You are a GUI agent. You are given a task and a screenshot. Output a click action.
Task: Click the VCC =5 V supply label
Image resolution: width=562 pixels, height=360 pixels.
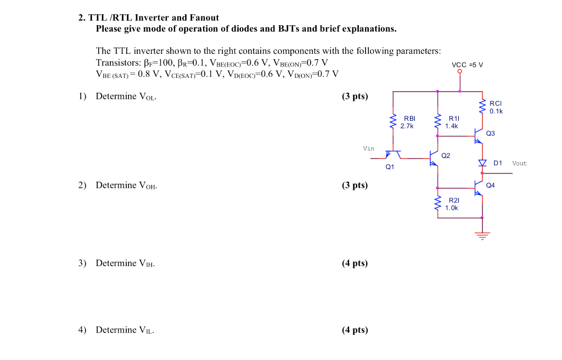pos(467,65)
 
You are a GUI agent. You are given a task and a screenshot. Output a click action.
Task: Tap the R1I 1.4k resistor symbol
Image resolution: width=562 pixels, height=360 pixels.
pos(437,121)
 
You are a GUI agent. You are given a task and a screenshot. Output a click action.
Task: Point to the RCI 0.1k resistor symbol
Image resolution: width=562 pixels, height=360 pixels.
pos(482,106)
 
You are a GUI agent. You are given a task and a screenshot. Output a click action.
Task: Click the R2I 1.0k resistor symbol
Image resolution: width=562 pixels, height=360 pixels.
pos(437,204)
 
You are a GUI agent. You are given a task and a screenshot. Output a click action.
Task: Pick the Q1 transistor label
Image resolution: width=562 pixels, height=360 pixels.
pos(390,166)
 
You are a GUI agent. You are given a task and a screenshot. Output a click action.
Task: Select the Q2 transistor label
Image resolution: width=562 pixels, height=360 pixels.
pos(446,156)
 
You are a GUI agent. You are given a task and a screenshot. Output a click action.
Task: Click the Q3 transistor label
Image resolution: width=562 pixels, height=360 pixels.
pos(490,133)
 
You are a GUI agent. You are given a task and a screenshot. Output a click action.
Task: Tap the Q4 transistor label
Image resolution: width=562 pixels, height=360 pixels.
pos(490,185)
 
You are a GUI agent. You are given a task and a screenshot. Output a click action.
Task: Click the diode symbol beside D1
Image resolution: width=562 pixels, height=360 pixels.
pos(482,163)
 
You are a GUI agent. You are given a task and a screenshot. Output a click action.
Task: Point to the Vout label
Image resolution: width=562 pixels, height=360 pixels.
pos(519,164)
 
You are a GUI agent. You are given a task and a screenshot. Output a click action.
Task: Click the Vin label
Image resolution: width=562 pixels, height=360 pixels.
pos(368,149)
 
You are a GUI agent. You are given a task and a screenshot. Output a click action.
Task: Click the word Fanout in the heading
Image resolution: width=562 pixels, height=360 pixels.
pos(203,18)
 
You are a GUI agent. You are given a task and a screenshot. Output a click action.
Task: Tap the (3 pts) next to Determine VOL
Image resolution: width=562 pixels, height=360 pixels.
pos(355,97)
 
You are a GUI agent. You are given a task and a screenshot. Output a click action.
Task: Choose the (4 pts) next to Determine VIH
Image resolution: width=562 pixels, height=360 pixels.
pos(355,263)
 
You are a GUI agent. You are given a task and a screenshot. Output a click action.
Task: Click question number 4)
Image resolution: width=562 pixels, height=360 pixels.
pos(82,330)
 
